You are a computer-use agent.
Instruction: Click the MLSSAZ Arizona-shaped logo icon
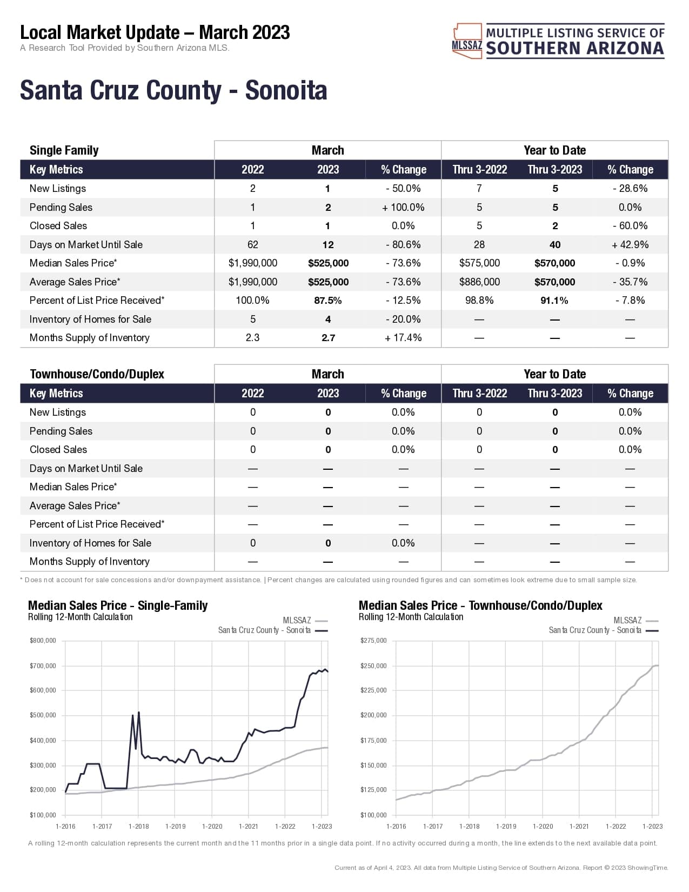click(467, 41)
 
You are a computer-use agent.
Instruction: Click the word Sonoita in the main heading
click(286, 90)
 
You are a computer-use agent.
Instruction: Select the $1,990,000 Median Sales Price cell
click(252, 263)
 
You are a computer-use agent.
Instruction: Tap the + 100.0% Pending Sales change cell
click(403, 208)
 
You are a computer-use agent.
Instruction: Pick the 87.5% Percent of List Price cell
click(327, 301)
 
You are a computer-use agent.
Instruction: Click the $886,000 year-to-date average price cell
click(479, 282)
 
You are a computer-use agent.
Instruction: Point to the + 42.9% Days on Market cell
click(630, 245)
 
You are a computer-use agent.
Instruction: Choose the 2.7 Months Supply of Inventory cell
click(328, 338)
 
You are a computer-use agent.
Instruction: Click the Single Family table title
click(64, 150)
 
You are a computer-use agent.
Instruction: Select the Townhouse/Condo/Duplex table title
click(97, 374)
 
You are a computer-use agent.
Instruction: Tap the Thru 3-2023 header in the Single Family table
click(555, 170)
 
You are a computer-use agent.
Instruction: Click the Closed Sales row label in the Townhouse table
click(58, 450)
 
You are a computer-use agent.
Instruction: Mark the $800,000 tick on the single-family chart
click(43, 641)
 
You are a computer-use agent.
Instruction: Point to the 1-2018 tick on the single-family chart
click(139, 827)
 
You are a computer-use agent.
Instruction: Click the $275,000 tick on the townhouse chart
click(373, 641)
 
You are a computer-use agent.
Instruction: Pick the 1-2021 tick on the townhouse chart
click(579, 827)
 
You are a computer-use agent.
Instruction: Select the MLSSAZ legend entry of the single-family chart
click(304, 621)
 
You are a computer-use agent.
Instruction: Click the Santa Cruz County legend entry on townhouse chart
click(603, 630)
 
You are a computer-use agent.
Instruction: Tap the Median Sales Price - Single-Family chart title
click(118, 605)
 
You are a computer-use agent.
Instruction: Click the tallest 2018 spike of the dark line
click(139, 713)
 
